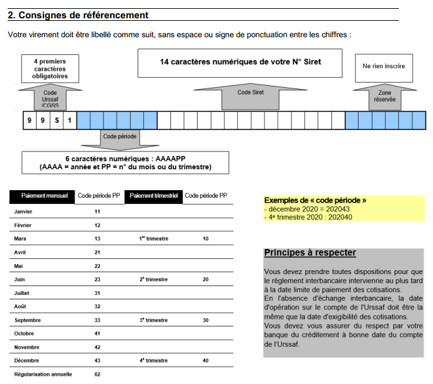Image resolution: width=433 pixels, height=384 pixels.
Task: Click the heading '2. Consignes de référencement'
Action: click(78, 15)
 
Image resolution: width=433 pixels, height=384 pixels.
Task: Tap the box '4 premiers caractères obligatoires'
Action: click(50, 69)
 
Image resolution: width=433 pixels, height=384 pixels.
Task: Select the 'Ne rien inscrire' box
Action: click(384, 66)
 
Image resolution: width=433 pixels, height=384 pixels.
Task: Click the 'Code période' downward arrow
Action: click(120, 136)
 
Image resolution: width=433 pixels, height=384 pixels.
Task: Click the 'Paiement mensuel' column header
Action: click(42, 196)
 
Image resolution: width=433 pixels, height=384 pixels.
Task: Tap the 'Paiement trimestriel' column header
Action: click(154, 196)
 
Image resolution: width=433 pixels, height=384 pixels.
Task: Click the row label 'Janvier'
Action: click(24, 212)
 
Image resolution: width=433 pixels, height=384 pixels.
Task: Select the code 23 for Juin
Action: click(98, 279)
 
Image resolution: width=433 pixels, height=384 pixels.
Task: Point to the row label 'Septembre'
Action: click(28, 320)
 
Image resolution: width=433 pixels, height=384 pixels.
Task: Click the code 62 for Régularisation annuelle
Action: click(98, 375)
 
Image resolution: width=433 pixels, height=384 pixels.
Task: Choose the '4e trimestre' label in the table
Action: click(153, 361)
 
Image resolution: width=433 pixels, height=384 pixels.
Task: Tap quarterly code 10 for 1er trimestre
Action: click(206, 239)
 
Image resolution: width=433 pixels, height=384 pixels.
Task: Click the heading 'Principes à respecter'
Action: click(310, 253)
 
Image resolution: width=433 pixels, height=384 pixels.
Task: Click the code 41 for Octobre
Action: click(98, 333)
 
